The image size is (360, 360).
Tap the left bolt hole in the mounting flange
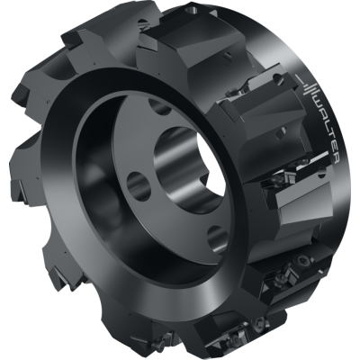point(138,187)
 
